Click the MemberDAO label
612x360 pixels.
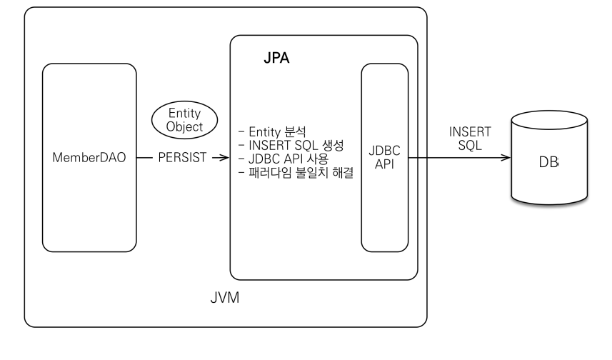[x=89, y=157]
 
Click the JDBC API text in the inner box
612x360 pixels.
[x=384, y=157]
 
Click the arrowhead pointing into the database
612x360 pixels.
[x=505, y=158]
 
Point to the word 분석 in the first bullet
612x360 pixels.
[x=296, y=132]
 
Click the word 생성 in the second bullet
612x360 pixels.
[x=333, y=145]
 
